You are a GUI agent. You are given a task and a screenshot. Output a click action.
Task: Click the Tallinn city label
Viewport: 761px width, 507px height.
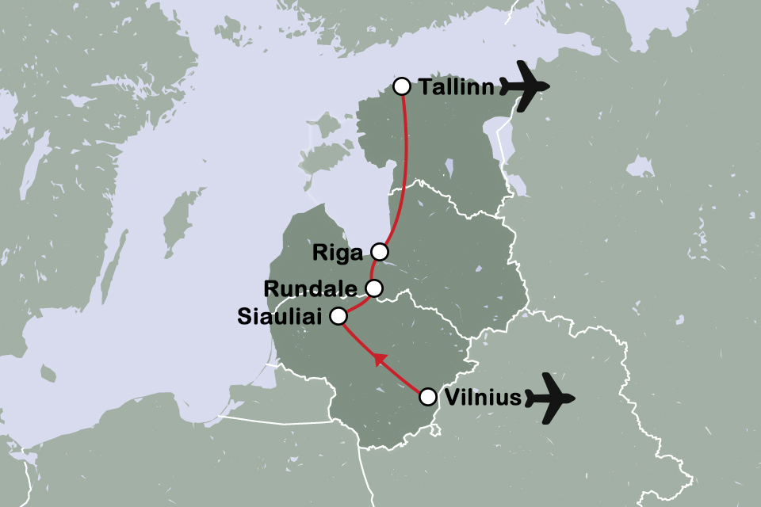click(457, 88)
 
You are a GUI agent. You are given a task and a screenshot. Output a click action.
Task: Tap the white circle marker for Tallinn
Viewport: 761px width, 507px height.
click(402, 86)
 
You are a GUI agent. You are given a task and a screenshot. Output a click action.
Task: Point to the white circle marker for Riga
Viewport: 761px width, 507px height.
click(380, 252)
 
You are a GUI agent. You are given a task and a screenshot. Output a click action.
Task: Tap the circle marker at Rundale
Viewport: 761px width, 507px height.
click(374, 287)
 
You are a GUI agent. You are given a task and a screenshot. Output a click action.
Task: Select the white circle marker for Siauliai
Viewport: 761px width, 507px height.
click(338, 316)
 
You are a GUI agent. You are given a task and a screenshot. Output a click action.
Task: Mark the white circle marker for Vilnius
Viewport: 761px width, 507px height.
click(427, 395)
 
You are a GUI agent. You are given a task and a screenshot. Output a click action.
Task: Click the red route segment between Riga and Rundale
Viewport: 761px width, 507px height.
click(373, 269)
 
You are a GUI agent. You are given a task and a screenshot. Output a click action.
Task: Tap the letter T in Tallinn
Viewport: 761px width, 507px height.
click(425, 88)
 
